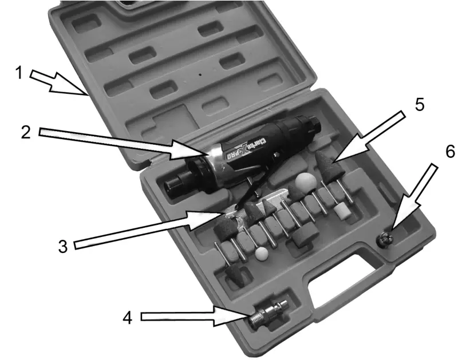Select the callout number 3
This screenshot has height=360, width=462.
62,247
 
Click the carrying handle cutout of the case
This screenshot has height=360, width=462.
344,281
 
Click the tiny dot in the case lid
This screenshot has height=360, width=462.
200,75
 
